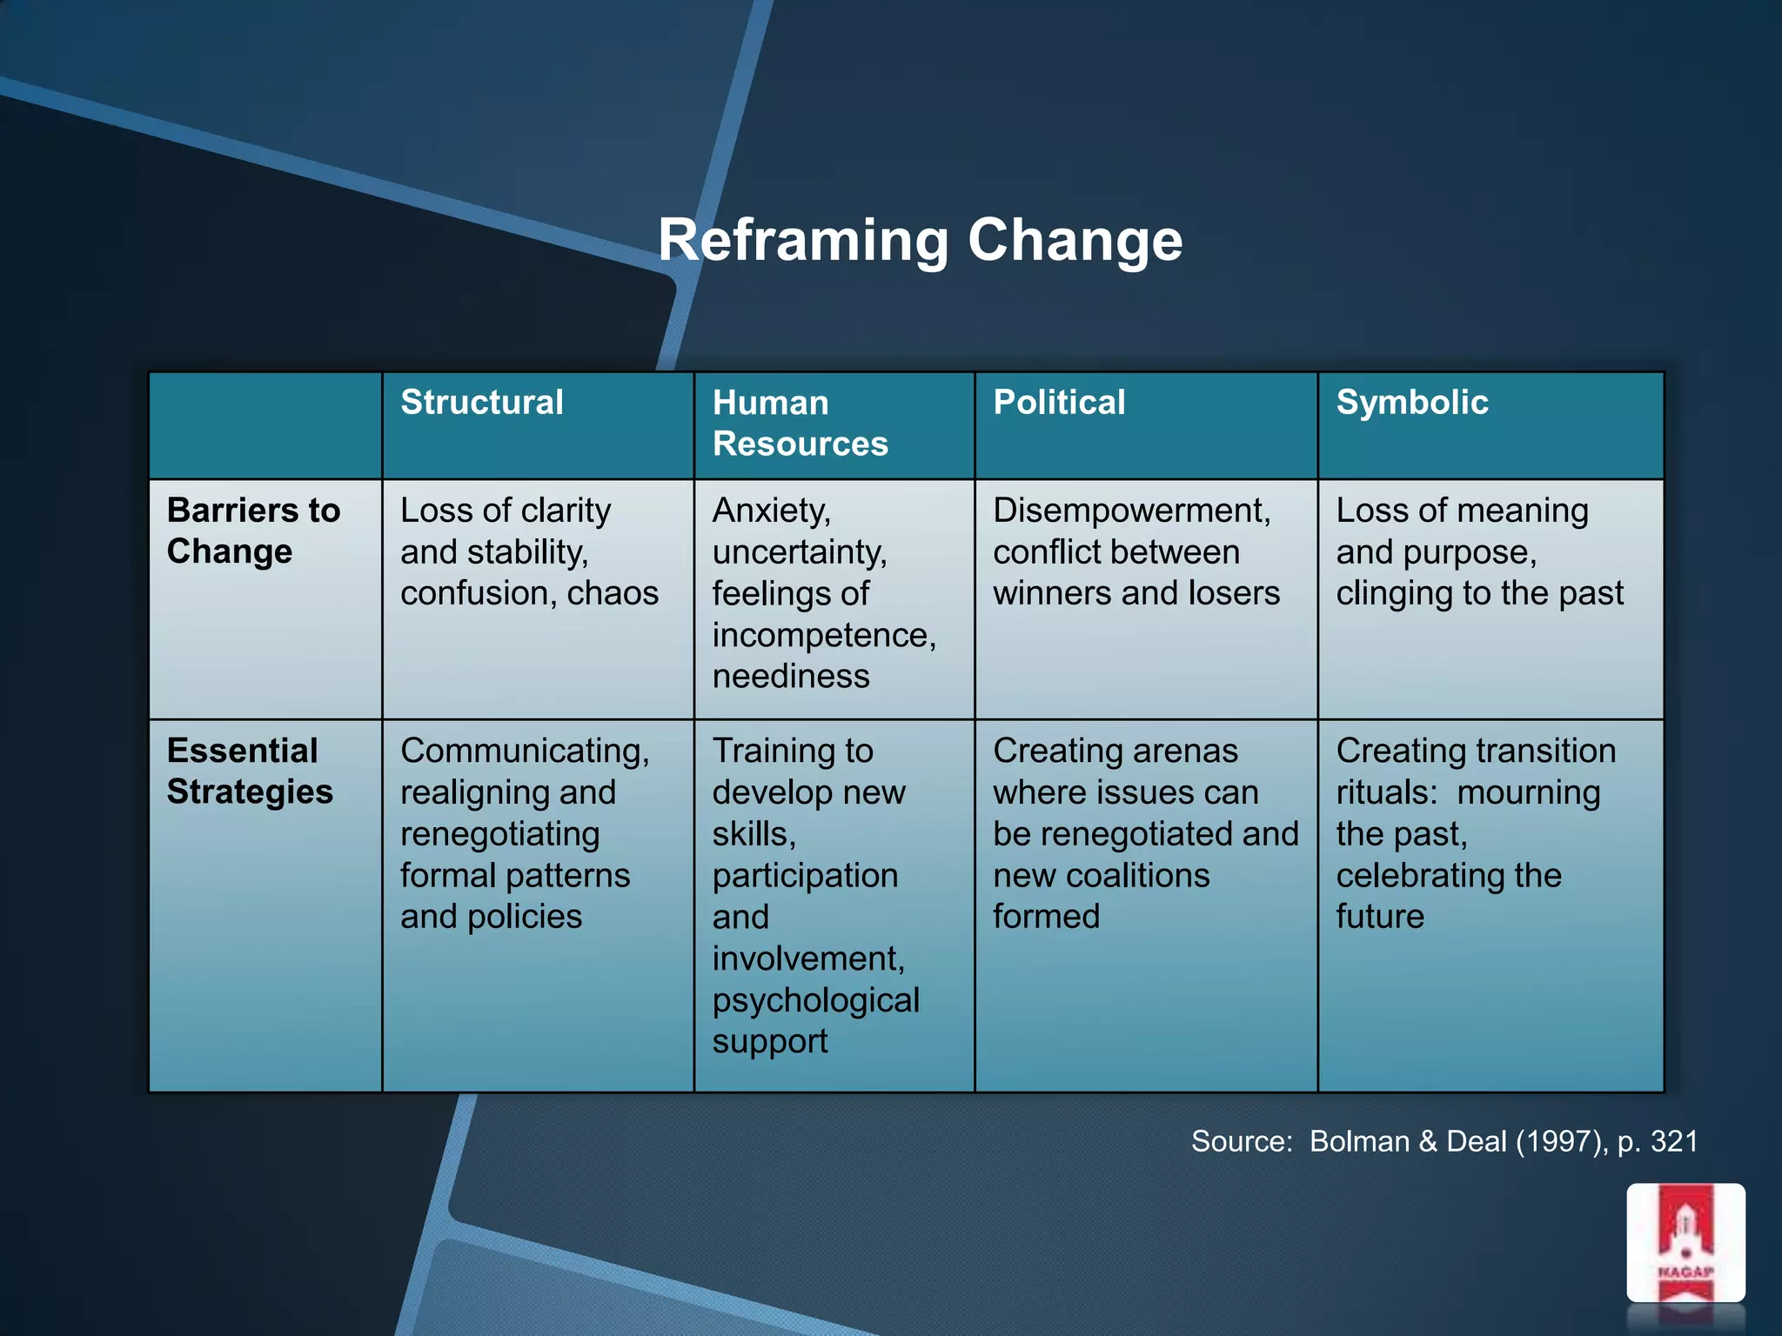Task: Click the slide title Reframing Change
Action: (920, 240)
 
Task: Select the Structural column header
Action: (482, 403)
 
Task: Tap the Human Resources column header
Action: (800, 424)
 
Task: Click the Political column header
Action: (1059, 403)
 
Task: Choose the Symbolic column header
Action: (1411, 403)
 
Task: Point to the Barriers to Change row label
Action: (253, 531)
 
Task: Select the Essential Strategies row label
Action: (250, 772)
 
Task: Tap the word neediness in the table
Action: (791, 677)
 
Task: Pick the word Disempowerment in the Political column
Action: (1131, 511)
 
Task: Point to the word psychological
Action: (815, 1000)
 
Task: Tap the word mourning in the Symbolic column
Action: (1528, 792)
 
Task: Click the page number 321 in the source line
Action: (1674, 1141)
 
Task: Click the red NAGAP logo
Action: (1685, 1243)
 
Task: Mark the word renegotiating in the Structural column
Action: (499, 834)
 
